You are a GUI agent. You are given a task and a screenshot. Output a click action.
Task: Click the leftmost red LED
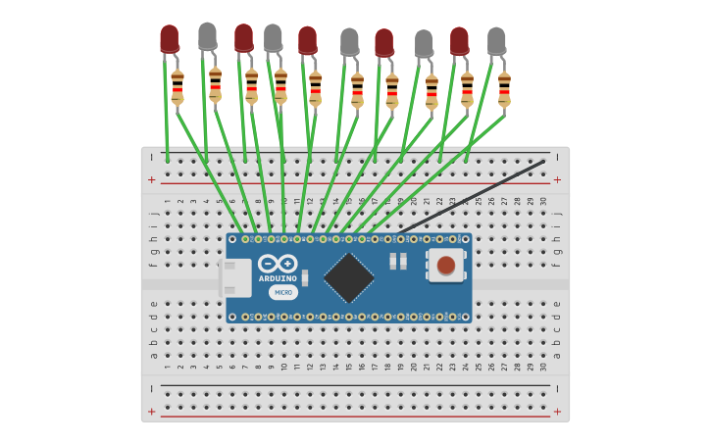pos(170,38)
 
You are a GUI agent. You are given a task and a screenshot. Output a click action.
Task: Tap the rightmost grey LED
pos(496,40)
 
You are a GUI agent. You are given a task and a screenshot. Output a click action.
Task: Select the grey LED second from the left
pos(273,37)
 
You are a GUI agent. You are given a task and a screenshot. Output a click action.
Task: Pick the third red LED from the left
pos(307,39)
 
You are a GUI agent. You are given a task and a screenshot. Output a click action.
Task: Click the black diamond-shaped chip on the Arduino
pos(349,277)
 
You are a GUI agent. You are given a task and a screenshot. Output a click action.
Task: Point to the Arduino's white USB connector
pos(235,277)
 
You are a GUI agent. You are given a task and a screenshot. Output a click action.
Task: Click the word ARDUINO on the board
pos(278,278)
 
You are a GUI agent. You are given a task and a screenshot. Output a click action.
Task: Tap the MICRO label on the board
pos(282,292)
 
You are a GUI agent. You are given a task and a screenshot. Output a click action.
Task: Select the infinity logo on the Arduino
pos(278,264)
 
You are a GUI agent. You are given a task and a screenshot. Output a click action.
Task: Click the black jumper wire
pos(471,196)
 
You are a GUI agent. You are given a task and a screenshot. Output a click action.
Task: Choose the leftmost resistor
pos(178,86)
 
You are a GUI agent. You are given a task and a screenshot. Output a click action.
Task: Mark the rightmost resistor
pos(504,88)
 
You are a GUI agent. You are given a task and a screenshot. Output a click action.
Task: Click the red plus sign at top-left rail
pos(152,179)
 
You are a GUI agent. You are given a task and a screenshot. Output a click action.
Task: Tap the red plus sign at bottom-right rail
pos(557,412)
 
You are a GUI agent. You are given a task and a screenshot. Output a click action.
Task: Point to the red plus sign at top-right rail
pos(557,179)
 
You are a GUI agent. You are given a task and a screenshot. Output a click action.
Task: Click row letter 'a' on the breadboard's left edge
pos(154,355)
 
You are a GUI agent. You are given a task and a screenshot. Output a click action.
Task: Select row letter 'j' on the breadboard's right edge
pos(557,213)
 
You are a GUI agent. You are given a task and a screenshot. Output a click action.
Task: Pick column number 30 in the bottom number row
pos(543,367)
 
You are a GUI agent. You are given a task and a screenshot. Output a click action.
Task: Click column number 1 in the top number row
pos(168,201)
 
